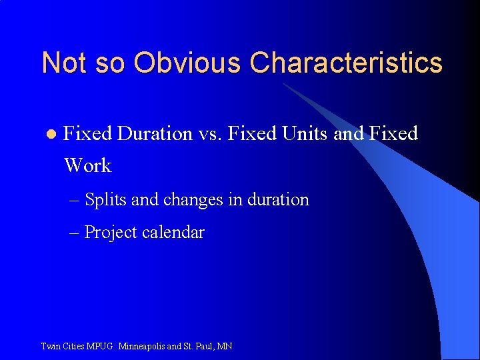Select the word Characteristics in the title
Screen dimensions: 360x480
click(346, 63)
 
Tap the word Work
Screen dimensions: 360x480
click(88, 165)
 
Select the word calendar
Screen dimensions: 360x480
click(173, 233)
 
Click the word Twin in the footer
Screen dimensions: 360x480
click(50, 347)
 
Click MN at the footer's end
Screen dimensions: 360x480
click(225, 347)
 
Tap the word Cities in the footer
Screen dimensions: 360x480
click(72, 347)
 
